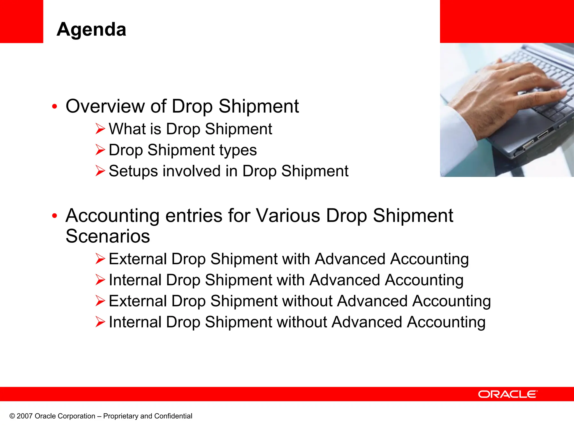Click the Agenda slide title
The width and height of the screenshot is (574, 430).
(91, 29)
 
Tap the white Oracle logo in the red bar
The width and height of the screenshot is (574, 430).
(508, 394)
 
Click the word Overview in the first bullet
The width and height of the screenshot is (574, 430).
(105, 106)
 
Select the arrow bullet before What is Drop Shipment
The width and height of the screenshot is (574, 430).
(100, 129)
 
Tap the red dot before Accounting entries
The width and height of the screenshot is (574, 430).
(55, 216)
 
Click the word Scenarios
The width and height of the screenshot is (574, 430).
(108, 236)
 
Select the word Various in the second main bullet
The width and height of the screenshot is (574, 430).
(288, 216)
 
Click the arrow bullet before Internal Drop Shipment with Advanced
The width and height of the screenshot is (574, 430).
(100, 280)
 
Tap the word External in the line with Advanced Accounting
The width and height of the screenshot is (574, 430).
(137, 259)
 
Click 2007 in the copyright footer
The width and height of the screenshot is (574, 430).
(25, 416)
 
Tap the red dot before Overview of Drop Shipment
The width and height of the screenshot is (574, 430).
(55, 107)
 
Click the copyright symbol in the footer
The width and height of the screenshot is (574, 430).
(12, 416)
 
